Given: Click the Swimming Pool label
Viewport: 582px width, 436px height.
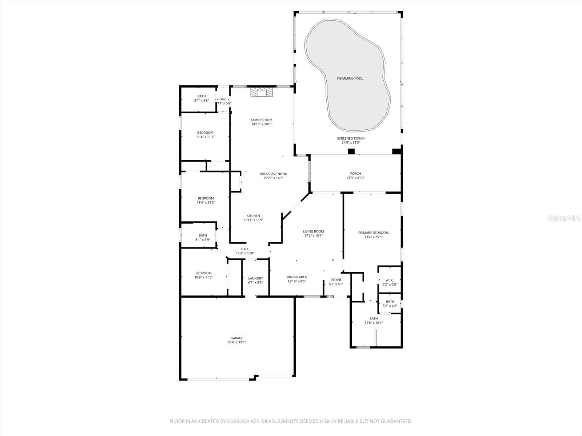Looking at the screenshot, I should click(349, 78).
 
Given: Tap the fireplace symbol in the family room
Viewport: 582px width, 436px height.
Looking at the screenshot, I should click(261, 93).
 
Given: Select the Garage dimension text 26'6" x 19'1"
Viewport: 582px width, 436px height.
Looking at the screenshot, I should click(236, 342).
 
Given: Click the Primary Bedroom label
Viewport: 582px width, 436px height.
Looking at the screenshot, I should click(373, 233).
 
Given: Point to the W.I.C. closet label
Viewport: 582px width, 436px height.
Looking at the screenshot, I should click(390, 280).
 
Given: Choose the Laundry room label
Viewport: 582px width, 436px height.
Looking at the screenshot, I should click(255, 278).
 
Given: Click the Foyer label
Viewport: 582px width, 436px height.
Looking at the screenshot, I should click(336, 280).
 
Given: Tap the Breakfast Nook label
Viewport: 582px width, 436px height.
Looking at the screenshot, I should click(273, 174).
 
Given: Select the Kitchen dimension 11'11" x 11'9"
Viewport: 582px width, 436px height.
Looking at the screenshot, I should click(253, 220).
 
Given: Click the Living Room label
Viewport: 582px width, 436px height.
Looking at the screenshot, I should click(313, 231).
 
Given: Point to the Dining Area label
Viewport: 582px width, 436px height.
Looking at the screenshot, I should click(296, 277).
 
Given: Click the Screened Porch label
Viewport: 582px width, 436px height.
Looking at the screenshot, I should click(351, 138).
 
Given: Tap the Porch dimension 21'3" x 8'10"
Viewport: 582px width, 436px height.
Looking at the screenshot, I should click(355, 178).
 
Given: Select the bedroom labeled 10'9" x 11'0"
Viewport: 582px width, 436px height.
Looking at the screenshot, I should click(203, 275).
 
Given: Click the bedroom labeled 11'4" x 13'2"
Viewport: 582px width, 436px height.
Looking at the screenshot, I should click(206, 200).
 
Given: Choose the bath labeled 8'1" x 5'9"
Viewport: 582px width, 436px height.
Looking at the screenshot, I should click(203, 238).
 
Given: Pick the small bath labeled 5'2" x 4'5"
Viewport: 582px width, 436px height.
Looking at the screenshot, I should click(390, 304).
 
